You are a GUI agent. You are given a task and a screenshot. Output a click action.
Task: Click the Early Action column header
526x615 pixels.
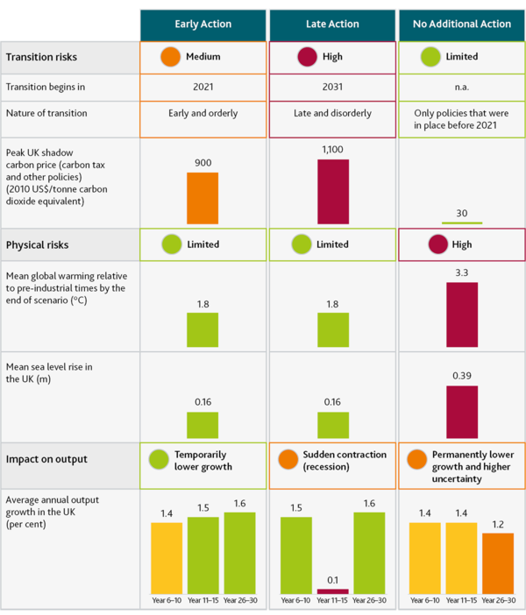pyautogui.click(x=203, y=24)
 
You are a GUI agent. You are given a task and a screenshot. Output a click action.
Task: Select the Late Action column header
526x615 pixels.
pyautogui.click(x=332, y=24)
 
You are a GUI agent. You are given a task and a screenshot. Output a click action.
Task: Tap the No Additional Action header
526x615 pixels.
pyautogui.click(x=462, y=24)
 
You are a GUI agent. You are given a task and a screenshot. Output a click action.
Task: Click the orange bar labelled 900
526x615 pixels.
pyautogui.click(x=203, y=199)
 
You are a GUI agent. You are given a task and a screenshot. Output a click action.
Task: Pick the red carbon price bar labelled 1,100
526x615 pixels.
pyautogui.click(x=332, y=192)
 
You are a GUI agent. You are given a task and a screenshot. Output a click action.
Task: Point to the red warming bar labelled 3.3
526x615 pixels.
pyautogui.click(x=462, y=315)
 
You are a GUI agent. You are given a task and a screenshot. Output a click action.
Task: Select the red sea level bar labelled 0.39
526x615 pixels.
pyautogui.click(x=462, y=412)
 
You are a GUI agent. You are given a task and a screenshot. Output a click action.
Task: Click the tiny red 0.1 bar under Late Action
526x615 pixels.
pyautogui.click(x=332, y=591)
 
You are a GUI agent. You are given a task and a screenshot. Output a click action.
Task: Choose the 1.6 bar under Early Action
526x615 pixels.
pyautogui.click(x=239, y=553)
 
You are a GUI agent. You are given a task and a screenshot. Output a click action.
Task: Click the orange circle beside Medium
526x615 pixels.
pyautogui.click(x=171, y=57)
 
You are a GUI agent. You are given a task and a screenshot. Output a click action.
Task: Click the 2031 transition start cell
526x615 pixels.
pyautogui.click(x=332, y=88)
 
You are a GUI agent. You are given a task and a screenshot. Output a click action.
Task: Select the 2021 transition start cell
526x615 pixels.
pyautogui.click(x=203, y=88)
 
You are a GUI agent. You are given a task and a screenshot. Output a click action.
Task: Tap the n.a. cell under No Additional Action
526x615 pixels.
pyautogui.click(x=462, y=88)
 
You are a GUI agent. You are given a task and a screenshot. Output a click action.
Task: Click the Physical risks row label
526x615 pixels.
pyautogui.click(x=37, y=244)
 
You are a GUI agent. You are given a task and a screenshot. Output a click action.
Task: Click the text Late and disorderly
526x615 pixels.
pyautogui.click(x=332, y=114)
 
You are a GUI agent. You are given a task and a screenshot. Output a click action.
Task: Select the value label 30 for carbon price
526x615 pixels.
pyautogui.click(x=462, y=213)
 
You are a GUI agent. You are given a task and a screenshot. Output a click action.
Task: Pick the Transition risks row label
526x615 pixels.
pyautogui.click(x=41, y=57)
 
